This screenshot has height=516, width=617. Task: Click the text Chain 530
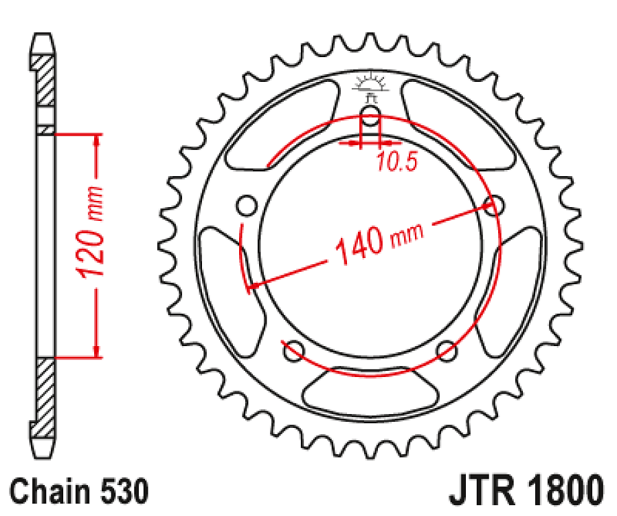pos(80,492)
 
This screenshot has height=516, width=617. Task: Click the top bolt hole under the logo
pos(370,116)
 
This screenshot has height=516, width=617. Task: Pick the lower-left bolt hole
pos(293,350)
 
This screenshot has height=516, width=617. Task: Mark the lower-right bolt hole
pos(447,350)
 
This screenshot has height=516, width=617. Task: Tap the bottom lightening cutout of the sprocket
pos(370,392)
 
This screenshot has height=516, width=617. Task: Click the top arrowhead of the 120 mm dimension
pos(97,142)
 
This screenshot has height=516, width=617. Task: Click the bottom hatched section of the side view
pos(45,396)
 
